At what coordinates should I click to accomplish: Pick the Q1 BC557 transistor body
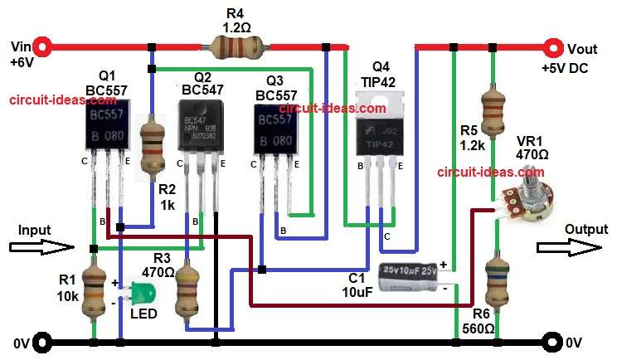(x=107, y=129)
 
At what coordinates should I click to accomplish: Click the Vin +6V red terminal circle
(x=44, y=46)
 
